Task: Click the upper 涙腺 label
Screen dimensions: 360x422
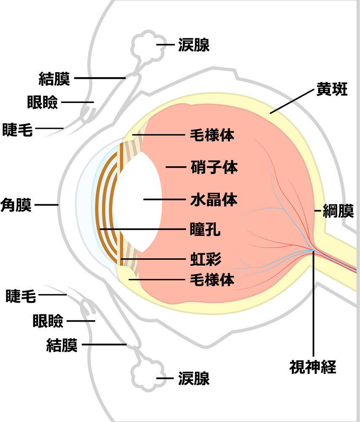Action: coord(194,45)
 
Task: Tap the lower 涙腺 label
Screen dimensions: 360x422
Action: coord(194,379)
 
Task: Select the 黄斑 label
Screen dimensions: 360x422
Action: coord(332,89)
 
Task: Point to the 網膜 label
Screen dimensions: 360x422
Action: coord(338,211)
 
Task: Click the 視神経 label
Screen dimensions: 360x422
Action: coord(313,367)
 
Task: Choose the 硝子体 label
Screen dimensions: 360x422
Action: coord(214,167)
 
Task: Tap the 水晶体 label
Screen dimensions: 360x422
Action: coord(214,200)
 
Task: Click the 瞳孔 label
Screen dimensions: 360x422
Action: coord(205,229)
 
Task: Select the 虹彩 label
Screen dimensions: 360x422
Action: coord(206,259)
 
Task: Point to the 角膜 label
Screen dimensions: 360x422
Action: coord(16,205)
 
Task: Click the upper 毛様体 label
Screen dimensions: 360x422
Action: coord(212,135)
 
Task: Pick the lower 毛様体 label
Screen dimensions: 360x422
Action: coord(212,279)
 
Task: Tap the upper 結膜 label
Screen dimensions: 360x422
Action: coord(54,78)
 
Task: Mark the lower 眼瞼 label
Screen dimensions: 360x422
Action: coord(48,321)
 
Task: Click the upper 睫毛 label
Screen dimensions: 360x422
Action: coord(17,130)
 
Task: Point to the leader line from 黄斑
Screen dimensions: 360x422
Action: coord(292,101)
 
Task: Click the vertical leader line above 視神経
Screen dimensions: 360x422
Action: coord(313,303)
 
